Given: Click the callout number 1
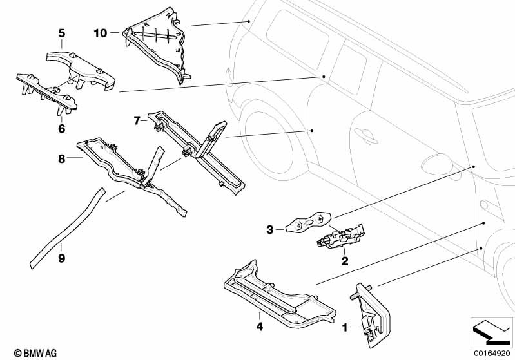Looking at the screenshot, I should (345, 328).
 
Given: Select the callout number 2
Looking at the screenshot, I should (345, 261).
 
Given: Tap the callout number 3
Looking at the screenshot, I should (270, 228).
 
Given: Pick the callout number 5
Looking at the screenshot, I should (62, 32).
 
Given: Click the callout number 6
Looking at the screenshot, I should (62, 129).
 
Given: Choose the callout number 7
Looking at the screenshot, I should (137, 120).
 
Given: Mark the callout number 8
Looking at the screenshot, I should (62, 158).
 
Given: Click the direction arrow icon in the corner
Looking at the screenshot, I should (492, 331).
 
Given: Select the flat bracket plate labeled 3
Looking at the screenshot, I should (304, 223).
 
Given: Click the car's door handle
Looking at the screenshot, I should (365, 134).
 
